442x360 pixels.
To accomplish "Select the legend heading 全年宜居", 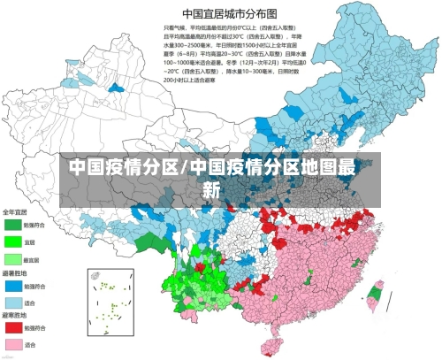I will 15,212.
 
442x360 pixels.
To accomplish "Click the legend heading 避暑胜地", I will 15,274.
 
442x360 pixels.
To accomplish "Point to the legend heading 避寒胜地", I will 15,314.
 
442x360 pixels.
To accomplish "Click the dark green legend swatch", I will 12,224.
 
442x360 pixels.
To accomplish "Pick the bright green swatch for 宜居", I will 12,241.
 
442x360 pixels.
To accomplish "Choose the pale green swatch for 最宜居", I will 12,259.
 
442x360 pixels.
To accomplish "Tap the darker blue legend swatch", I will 12,286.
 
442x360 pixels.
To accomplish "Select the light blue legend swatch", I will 12,303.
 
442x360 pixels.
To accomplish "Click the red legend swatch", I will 12,327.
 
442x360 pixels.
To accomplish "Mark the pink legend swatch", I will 12,344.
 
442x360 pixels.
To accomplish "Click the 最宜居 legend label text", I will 32,260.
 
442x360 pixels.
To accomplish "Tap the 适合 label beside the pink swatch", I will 30,344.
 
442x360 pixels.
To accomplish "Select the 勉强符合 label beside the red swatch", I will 33,327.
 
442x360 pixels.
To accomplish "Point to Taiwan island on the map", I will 375,296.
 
